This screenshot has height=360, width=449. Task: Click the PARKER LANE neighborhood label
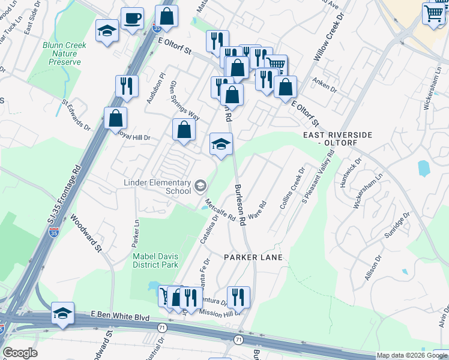253,257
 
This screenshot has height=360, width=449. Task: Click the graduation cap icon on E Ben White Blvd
62,313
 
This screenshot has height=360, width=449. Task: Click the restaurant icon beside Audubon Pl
127,86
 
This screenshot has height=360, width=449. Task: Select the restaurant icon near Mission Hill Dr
238,296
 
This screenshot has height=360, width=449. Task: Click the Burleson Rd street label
241,205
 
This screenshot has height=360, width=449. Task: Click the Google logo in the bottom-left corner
20,353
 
